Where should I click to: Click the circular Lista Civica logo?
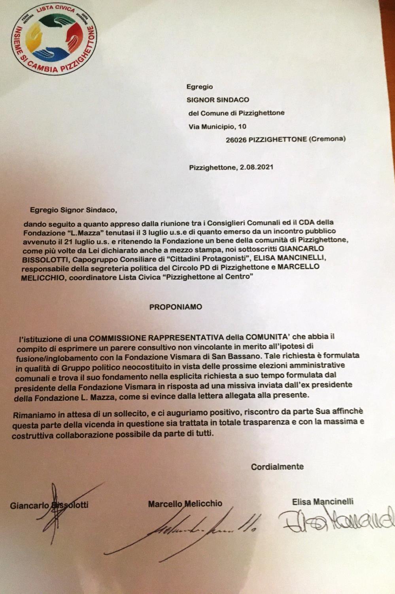click(x=54, y=39)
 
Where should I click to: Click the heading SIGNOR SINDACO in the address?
click(x=218, y=100)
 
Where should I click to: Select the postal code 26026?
click(x=236, y=139)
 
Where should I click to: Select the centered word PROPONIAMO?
click(x=176, y=307)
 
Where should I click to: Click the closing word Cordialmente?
click(x=277, y=466)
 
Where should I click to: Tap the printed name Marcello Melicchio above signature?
click(x=185, y=504)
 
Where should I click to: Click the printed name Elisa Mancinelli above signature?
click(x=323, y=502)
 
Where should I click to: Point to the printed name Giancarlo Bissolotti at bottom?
click(x=49, y=505)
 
